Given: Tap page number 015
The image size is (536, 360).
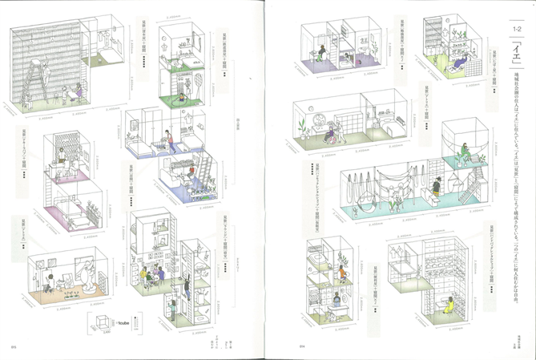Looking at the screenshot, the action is [x=14, y=346].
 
